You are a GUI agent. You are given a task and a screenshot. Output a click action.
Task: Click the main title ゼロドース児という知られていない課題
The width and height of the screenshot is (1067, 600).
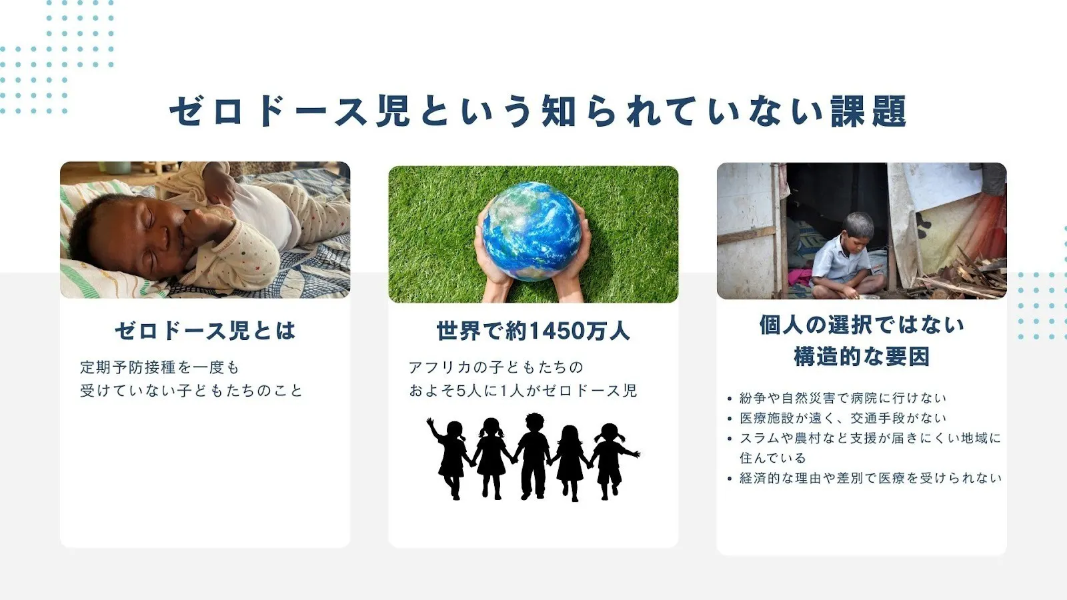pos(538,111)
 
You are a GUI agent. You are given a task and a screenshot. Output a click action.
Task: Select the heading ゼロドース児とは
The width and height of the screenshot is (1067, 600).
pos(205,331)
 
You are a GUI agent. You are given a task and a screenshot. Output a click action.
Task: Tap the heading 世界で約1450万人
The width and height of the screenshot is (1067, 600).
pos(533,331)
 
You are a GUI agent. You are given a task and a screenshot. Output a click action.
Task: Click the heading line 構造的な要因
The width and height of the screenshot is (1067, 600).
pos(862,356)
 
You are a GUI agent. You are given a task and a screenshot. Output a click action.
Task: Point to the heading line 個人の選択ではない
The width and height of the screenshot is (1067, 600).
pos(862,325)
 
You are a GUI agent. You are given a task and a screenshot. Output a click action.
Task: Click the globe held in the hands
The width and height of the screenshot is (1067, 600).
pos(531,231)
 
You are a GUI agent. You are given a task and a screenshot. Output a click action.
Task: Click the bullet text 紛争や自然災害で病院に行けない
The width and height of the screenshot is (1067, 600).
pos(843,398)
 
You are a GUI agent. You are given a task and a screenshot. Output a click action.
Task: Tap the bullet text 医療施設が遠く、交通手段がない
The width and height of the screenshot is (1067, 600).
pos(843,418)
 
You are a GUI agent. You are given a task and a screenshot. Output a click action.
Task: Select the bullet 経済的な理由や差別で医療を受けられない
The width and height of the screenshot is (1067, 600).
pos(871,478)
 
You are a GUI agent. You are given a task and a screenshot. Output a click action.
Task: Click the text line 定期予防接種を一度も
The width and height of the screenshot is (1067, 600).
pos(159,367)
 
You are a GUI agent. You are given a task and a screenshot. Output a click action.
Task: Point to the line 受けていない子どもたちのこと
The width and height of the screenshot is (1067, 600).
pos(191,391)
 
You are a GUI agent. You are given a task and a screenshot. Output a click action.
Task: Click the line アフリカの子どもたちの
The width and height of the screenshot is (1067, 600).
pos(496,367)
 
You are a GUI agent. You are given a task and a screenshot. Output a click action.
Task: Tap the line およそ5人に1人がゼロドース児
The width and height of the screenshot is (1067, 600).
pos(523,391)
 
